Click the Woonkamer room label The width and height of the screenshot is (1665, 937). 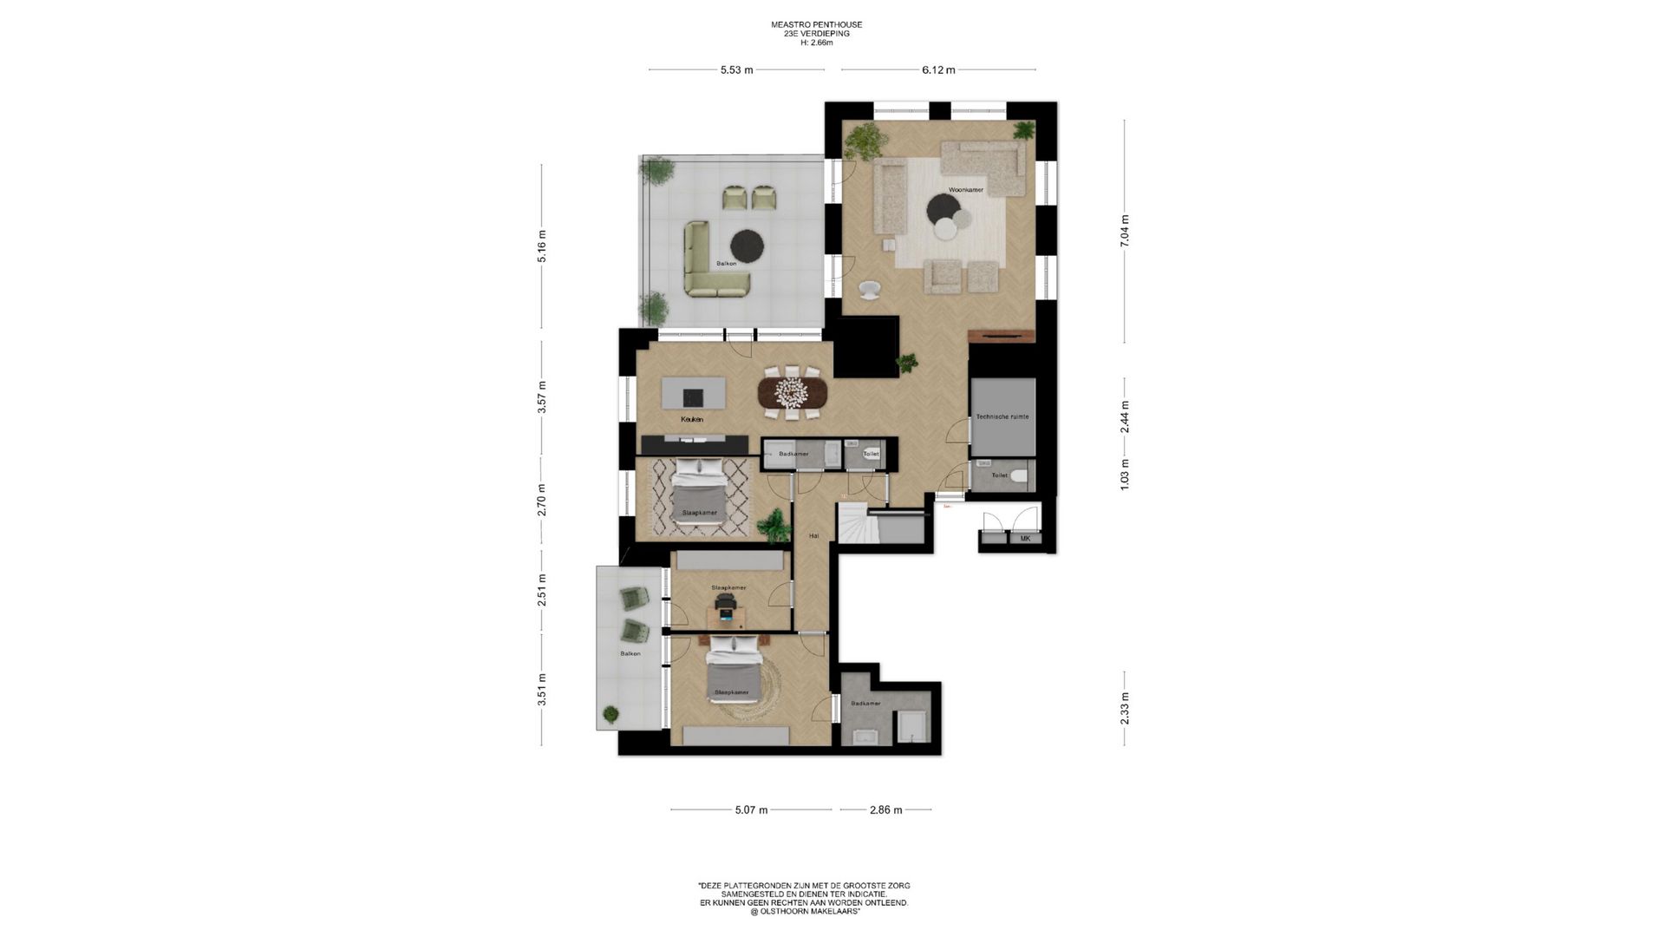[x=965, y=189]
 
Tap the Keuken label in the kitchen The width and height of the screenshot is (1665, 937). [x=691, y=419]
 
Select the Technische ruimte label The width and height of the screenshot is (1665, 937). [x=1002, y=416]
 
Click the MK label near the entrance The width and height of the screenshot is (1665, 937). [x=1025, y=539]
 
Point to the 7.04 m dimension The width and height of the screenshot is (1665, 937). [x=1125, y=231]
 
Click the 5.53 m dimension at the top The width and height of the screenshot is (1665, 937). [x=736, y=70]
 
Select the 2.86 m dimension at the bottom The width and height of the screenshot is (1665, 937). [x=885, y=810]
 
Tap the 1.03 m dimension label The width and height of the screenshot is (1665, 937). [x=1125, y=475]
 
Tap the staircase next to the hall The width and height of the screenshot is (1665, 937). [x=852, y=524]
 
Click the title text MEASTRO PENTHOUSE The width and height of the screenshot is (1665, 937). [x=816, y=25]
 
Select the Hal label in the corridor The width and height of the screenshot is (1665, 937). [x=813, y=536]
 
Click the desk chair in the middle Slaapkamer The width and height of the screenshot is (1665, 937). [x=726, y=613]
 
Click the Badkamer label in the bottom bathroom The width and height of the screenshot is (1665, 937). [x=865, y=704]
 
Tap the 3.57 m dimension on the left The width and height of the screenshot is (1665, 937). [x=542, y=397]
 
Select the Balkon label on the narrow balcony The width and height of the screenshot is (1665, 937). [x=630, y=653]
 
